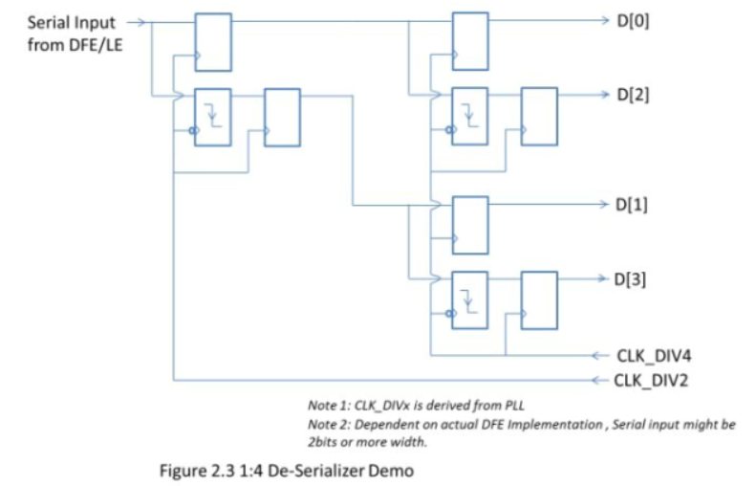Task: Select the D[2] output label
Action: (636, 96)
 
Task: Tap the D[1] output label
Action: (636, 205)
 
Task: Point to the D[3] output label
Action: (636, 279)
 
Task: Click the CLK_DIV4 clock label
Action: (654, 356)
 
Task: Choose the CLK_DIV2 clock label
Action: (654, 380)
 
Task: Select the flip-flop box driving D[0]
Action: (470, 41)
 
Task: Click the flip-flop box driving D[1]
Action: (470, 225)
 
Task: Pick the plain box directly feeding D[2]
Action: (539, 117)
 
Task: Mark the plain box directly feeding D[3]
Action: (539, 300)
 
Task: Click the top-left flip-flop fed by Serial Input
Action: (212, 41)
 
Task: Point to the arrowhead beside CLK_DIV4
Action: (597, 356)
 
